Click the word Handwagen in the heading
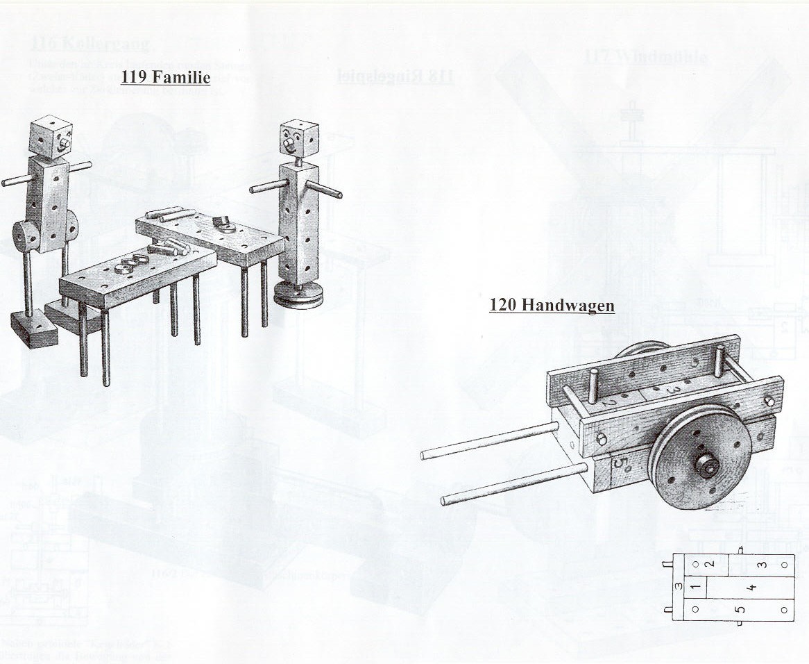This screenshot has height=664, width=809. [x=568, y=305]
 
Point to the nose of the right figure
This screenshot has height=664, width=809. [x=289, y=144]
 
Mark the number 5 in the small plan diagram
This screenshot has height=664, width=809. [x=740, y=610]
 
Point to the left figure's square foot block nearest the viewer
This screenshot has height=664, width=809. [x=34, y=328]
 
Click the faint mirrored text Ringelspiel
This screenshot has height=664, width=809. [x=395, y=76]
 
